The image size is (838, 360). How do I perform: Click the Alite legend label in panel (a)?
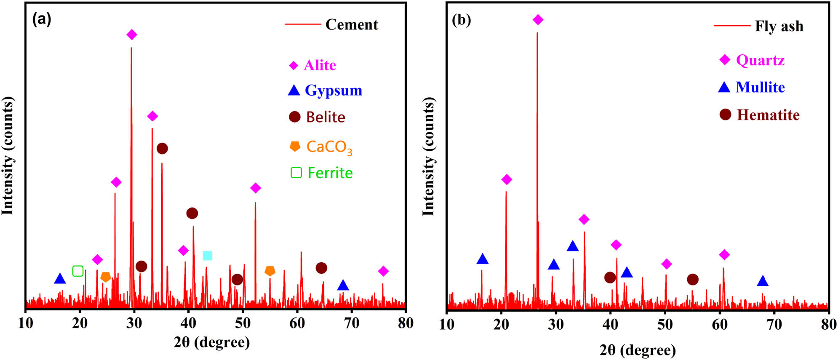tap(320, 65)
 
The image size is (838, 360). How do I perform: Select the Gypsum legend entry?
tap(333, 90)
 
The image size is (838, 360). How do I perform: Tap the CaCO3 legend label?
tap(328, 147)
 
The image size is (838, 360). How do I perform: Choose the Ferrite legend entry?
tap(330, 173)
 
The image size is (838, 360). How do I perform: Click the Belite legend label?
tap(325, 117)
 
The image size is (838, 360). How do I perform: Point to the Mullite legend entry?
tap(760, 87)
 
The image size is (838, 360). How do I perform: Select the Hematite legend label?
tap(768, 115)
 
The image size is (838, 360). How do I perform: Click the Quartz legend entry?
tap(760, 60)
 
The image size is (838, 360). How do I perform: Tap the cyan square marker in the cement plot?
tap(208, 256)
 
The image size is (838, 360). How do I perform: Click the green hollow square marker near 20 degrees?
tap(78, 271)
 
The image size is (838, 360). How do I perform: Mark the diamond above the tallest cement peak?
tap(132, 35)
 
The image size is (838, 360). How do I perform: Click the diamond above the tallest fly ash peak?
tap(538, 19)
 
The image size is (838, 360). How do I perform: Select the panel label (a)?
tap(42, 19)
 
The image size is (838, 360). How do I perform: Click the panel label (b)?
tap(461, 20)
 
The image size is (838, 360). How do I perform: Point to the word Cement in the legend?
tap(352, 24)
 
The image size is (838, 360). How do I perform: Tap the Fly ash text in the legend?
tap(779, 26)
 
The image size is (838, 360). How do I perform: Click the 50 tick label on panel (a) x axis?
tap(243, 323)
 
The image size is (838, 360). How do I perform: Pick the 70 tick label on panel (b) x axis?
tap(774, 324)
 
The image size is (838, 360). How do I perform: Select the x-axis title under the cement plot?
tap(212, 342)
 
